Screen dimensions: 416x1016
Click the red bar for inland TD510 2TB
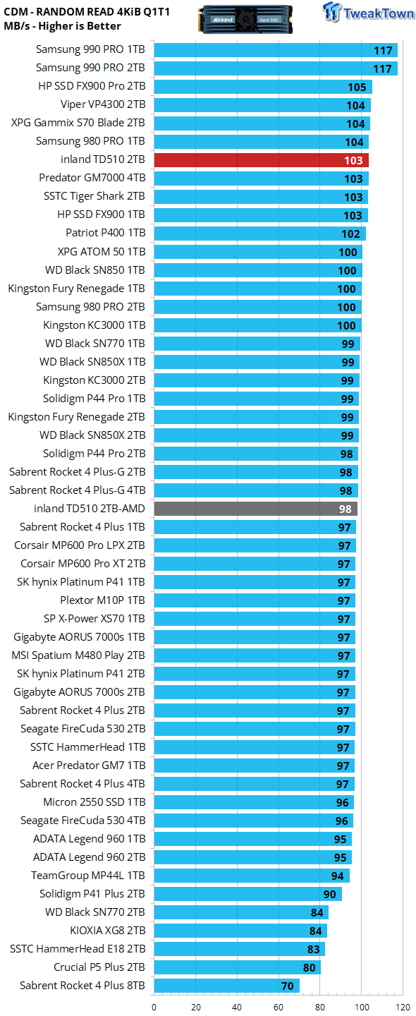262,160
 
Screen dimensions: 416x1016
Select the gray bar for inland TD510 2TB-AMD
255,509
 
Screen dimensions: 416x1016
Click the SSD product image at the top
245,19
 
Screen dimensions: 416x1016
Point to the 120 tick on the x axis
403,1008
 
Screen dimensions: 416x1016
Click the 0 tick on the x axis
154,1008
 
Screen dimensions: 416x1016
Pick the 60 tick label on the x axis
279,1008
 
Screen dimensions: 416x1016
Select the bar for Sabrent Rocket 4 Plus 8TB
226,986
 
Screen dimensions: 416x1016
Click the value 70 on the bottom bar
287,986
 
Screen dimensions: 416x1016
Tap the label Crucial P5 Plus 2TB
99,967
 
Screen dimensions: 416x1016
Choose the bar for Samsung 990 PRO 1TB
276,50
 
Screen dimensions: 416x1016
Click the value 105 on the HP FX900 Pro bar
357,87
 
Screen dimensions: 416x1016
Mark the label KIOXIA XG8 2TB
107,930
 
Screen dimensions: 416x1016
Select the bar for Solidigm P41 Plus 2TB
248,894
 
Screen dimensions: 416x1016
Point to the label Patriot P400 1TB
106,233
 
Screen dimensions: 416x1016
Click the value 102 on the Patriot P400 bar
350,234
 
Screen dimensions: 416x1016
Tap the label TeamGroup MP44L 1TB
88,876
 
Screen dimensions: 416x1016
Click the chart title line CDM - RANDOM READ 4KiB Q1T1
87,12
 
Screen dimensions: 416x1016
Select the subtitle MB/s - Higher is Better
62,26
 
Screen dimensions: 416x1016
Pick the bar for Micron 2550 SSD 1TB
254,802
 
